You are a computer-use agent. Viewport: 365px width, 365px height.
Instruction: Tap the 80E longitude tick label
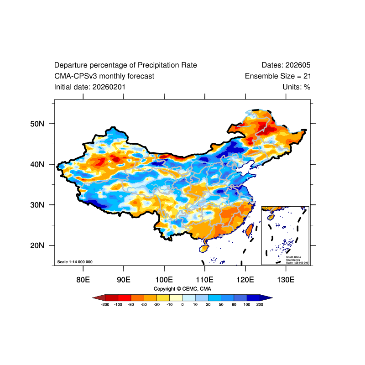(x=83, y=279)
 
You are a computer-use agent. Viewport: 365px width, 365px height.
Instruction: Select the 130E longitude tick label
(x=285, y=279)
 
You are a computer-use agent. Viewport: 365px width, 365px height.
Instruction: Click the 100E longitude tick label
(x=164, y=279)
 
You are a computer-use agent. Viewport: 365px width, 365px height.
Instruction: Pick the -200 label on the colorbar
(x=105, y=304)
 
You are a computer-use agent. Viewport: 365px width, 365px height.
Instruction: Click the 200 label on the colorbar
(x=260, y=304)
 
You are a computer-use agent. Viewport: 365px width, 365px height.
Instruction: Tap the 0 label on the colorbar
(x=182, y=304)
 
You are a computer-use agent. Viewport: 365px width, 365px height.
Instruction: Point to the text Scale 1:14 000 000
(x=75, y=262)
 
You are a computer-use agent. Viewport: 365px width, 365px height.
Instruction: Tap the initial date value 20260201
(x=109, y=87)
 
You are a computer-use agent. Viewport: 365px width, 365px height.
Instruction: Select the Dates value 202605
(x=299, y=65)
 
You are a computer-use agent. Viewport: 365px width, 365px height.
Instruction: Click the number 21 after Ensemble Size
(x=307, y=76)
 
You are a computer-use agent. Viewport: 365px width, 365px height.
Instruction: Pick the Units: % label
(x=296, y=87)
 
